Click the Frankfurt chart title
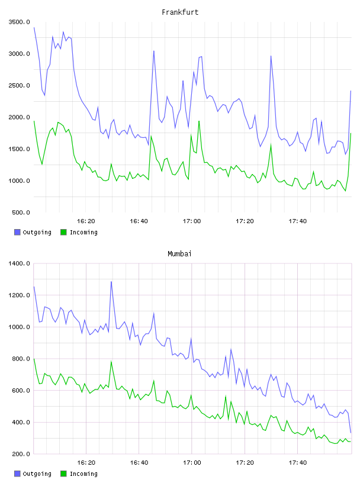coord(180,12)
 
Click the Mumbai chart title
coord(179,254)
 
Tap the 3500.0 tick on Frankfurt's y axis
coord(20,22)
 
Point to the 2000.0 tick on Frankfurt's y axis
coord(20,117)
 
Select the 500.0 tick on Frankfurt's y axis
coord(21,212)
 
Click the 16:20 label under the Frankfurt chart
coord(86,221)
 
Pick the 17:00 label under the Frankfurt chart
coord(192,221)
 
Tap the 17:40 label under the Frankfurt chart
coord(298,221)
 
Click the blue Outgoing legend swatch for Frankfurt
coord(17,232)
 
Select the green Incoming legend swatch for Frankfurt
coord(63,232)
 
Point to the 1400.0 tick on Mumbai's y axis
coord(20,263)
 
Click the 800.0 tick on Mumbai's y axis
coord(21,359)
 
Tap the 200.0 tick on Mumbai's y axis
coord(21,454)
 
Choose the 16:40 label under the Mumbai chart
coord(139,463)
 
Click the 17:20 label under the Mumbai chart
coord(245,463)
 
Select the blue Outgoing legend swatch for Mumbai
coord(17,474)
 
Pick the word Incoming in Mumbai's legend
coord(83,474)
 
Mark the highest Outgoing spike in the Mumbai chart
coord(111,282)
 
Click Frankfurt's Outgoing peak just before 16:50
coord(154,51)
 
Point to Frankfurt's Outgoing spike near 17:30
coord(271,56)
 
